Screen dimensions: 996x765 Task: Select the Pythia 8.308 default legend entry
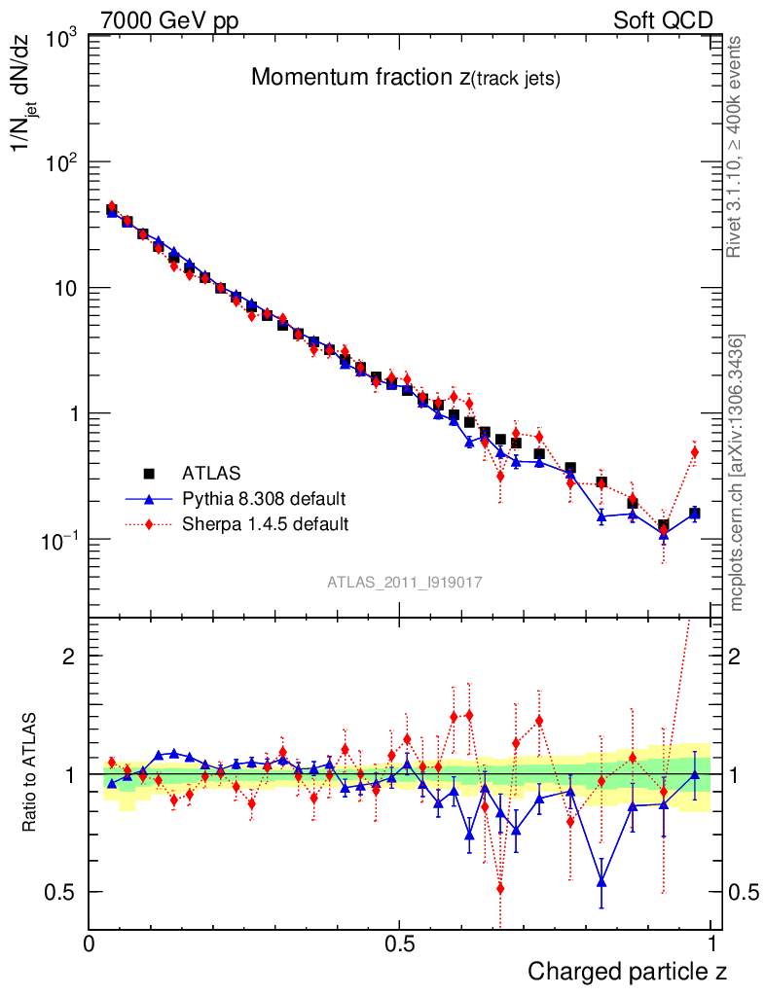[x=263, y=499]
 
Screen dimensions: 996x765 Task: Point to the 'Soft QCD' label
[x=663, y=20]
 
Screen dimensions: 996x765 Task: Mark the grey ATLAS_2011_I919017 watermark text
[x=405, y=582]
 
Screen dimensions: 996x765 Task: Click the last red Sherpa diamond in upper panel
[x=695, y=451]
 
